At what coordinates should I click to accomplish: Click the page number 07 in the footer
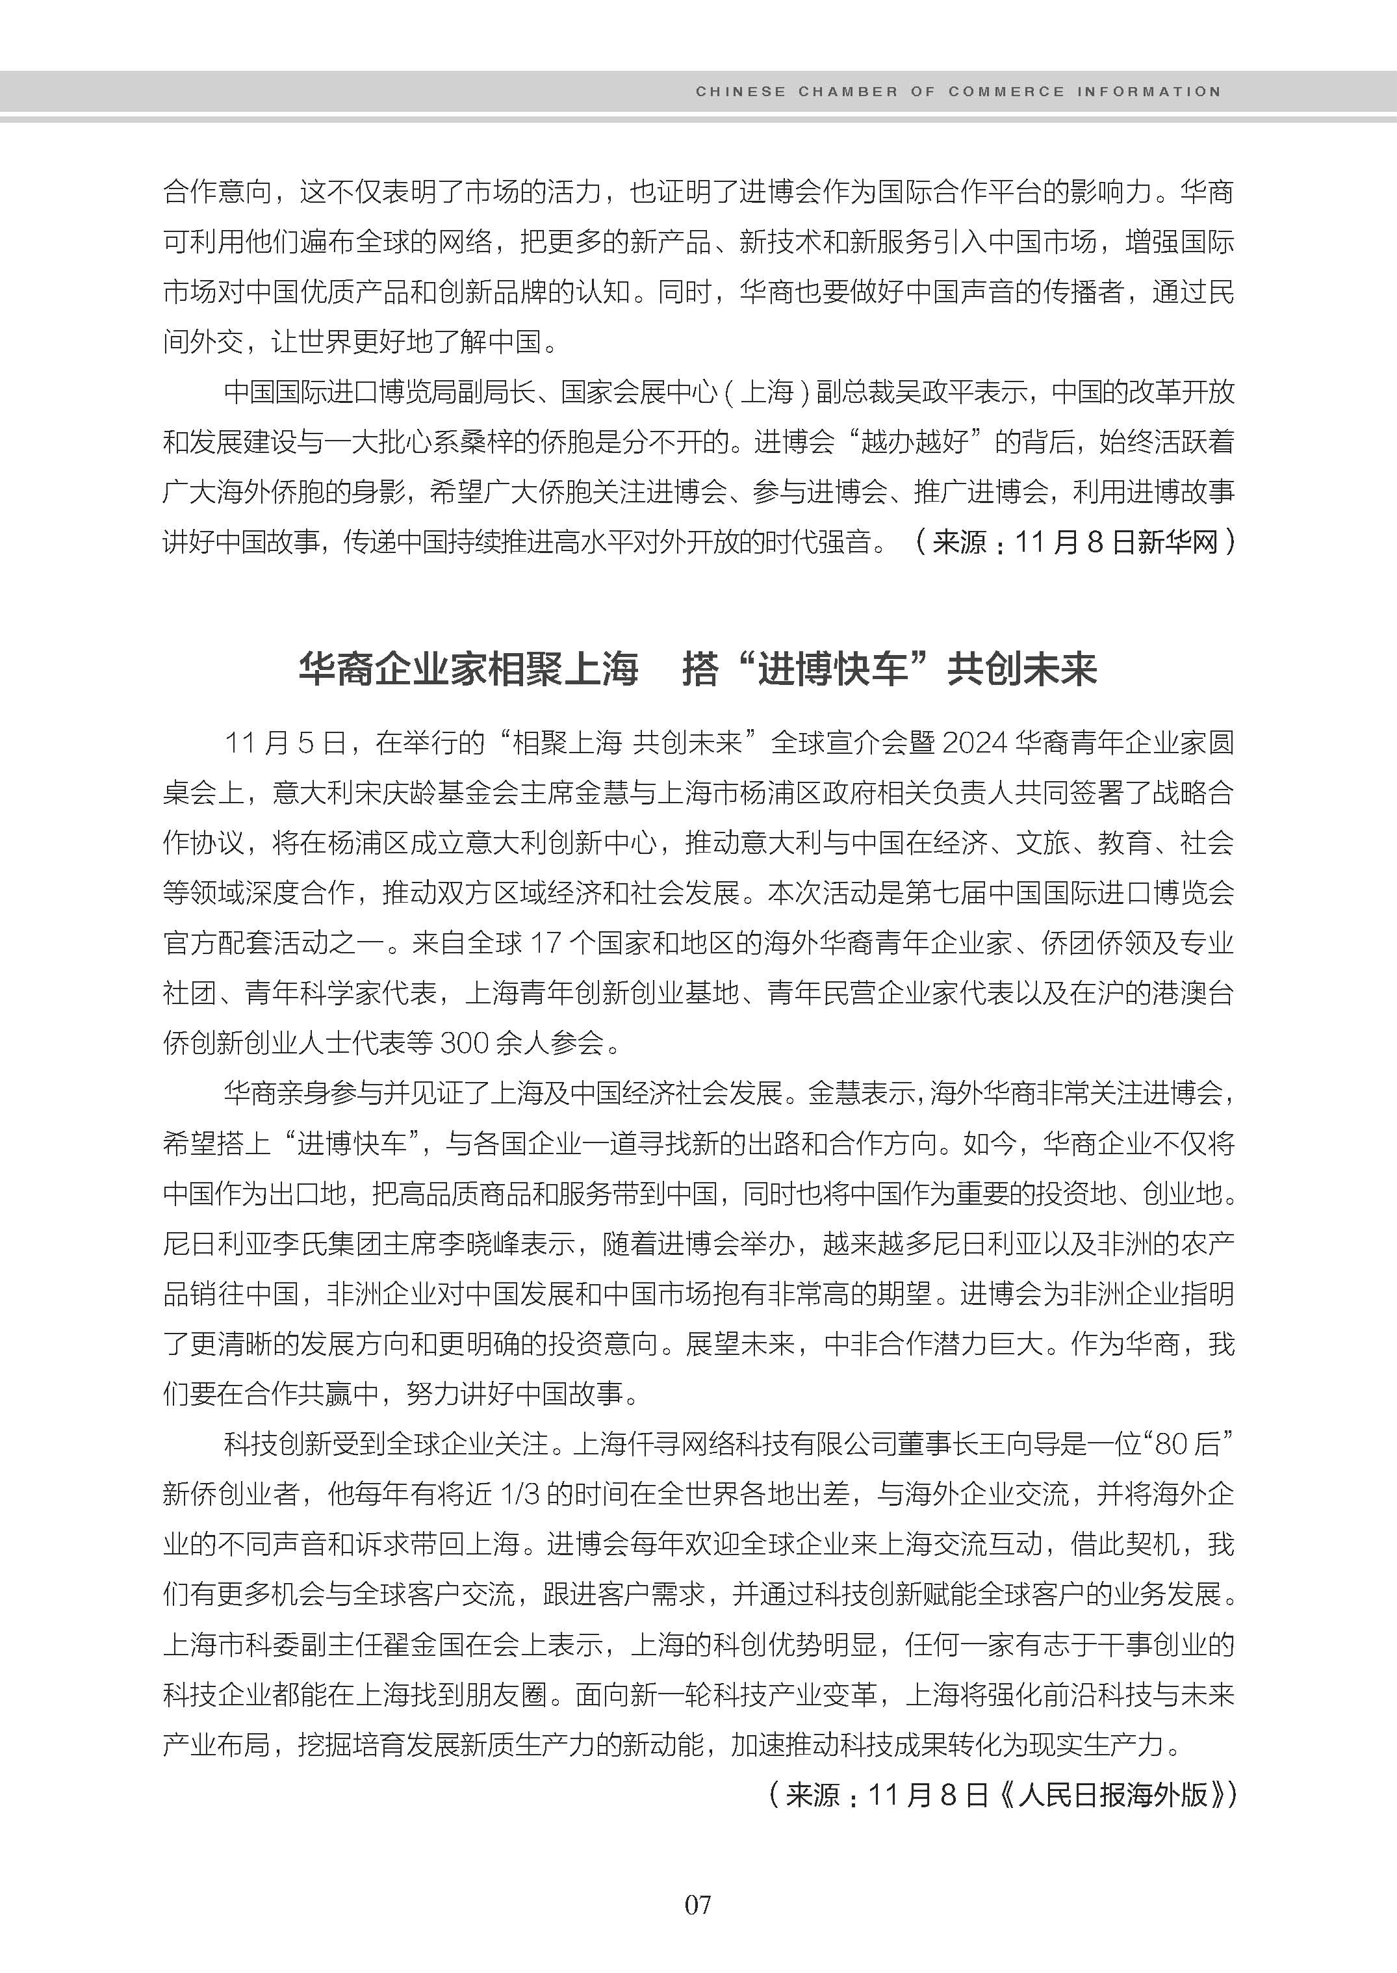coord(698,1904)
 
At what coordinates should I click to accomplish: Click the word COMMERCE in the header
coord(1006,91)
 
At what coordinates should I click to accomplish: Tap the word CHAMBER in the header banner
coord(847,91)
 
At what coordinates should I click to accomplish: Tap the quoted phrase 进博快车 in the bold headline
coord(832,669)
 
